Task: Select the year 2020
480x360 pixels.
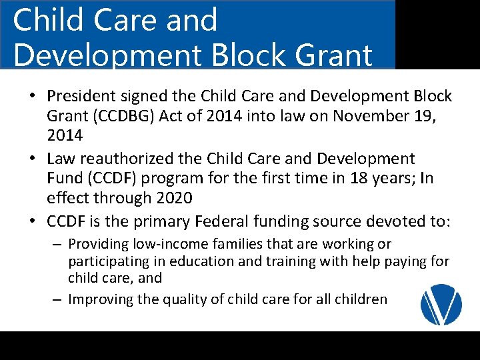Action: (x=174, y=198)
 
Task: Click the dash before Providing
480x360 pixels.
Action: (x=57, y=245)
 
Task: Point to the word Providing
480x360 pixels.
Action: (x=98, y=245)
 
